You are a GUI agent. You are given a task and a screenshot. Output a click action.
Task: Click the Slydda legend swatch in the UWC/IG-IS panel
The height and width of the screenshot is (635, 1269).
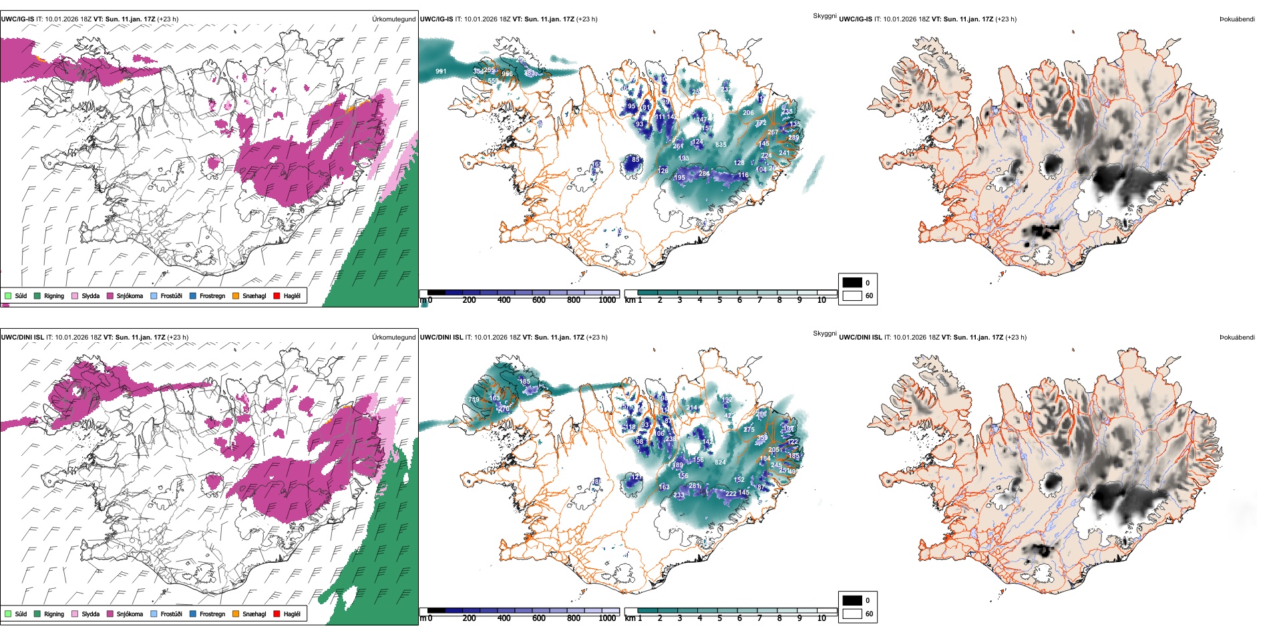pyautogui.click(x=75, y=295)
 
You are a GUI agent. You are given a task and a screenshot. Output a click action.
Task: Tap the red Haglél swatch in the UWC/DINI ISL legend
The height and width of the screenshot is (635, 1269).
pyautogui.click(x=277, y=614)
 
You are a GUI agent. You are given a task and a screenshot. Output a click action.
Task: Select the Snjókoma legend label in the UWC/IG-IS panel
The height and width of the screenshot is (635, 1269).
pyautogui.click(x=130, y=295)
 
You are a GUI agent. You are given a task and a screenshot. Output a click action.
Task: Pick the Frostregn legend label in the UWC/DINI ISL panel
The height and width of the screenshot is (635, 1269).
pyautogui.click(x=212, y=614)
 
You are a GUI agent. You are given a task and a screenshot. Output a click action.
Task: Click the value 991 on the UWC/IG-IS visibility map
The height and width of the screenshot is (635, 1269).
pyautogui.click(x=441, y=72)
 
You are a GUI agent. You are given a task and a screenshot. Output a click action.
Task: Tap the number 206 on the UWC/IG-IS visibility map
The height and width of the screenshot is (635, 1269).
pyautogui.click(x=748, y=113)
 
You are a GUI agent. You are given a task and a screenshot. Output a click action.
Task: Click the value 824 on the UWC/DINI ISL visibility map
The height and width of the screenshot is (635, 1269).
pyautogui.click(x=720, y=463)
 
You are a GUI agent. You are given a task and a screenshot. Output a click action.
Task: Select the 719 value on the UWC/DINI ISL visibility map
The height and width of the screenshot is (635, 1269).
pyautogui.click(x=474, y=400)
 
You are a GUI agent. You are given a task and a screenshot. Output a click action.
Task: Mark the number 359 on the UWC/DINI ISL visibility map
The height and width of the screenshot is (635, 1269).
pyautogui.click(x=762, y=438)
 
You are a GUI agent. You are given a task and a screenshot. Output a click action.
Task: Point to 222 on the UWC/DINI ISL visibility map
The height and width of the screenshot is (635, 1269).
pyautogui.click(x=731, y=494)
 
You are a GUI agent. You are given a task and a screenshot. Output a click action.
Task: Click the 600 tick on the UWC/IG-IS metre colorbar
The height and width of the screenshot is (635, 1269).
pyautogui.click(x=539, y=300)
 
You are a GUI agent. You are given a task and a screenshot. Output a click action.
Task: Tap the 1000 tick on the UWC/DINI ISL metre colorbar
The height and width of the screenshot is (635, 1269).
pyautogui.click(x=607, y=618)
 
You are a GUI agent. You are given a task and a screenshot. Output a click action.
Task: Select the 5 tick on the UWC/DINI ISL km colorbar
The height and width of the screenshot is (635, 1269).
pyautogui.click(x=719, y=618)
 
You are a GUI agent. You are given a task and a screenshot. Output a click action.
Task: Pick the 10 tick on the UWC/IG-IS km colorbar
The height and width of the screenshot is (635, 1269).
pyautogui.click(x=822, y=300)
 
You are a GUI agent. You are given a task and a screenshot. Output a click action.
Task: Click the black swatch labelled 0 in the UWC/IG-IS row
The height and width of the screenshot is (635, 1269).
pyautogui.click(x=852, y=283)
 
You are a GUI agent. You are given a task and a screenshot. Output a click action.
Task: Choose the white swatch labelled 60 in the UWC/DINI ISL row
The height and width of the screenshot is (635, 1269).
pyautogui.click(x=852, y=614)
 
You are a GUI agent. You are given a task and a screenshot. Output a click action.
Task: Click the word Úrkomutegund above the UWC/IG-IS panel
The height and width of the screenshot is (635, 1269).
pyautogui.click(x=393, y=19)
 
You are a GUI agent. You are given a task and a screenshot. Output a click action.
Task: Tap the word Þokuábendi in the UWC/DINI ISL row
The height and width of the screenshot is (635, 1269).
pyautogui.click(x=1237, y=337)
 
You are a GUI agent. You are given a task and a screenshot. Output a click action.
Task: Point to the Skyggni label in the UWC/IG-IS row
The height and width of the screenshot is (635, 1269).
pyautogui.click(x=825, y=15)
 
